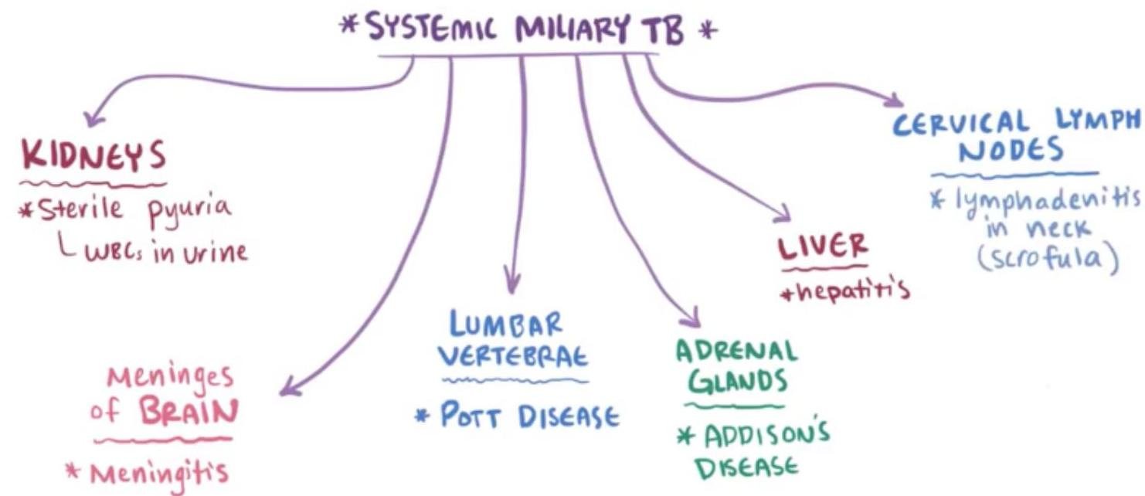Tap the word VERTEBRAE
click(514, 358)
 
